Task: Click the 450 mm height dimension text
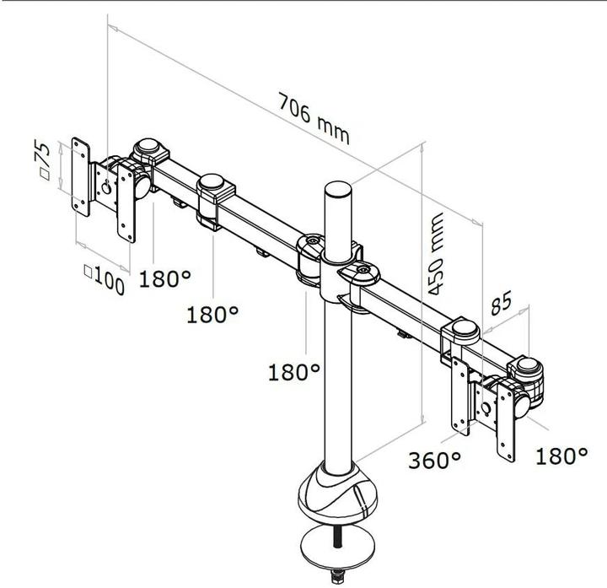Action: tap(436, 252)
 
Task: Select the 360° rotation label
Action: tap(435, 461)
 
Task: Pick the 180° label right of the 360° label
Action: tap(561, 456)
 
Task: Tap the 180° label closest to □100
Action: tap(165, 278)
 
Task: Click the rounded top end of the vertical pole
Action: tap(336, 189)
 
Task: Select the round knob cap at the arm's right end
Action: tap(528, 369)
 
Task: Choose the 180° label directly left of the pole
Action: tap(294, 372)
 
